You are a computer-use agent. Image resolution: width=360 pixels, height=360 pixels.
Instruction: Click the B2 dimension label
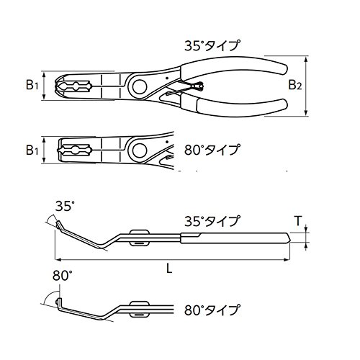click(x=295, y=85)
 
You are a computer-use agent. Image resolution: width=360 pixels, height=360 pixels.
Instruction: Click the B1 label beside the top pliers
click(x=32, y=85)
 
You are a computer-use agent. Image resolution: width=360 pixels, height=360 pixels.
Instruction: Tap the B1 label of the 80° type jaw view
click(x=32, y=150)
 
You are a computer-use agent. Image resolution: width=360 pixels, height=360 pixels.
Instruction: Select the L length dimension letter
click(x=169, y=269)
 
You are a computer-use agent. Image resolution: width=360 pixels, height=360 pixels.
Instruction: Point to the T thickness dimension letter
click(x=298, y=221)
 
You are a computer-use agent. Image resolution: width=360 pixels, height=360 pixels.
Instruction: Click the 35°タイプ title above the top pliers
click(x=212, y=45)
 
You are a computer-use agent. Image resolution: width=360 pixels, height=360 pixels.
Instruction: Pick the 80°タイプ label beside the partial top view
click(x=212, y=150)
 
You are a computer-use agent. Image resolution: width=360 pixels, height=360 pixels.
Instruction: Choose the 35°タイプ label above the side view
click(x=212, y=221)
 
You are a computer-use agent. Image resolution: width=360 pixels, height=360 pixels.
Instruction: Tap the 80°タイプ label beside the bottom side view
click(x=212, y=310)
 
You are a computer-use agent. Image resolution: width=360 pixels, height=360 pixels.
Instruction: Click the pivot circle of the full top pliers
click(x=140, y=86)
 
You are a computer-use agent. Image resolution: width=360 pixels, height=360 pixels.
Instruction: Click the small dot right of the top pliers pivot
click(x=167, y=78)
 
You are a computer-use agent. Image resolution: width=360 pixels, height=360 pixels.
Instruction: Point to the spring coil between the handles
click(x=199, y=86)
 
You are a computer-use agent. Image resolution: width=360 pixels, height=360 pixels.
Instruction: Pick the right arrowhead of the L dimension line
click(x=287, y=259)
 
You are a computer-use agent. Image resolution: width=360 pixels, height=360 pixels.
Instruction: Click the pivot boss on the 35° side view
click(x=139, y=238)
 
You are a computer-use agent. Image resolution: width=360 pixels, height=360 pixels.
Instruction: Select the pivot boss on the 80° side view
click(x=139, y=308)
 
